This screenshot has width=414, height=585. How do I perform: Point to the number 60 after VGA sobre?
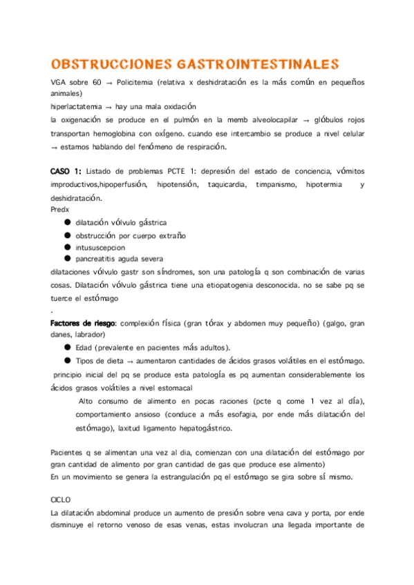97,82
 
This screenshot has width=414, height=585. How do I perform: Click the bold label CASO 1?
67,172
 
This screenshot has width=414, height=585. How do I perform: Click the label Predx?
60,209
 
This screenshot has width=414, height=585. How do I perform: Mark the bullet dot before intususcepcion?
67,246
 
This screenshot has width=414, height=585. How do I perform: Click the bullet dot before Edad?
67,347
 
